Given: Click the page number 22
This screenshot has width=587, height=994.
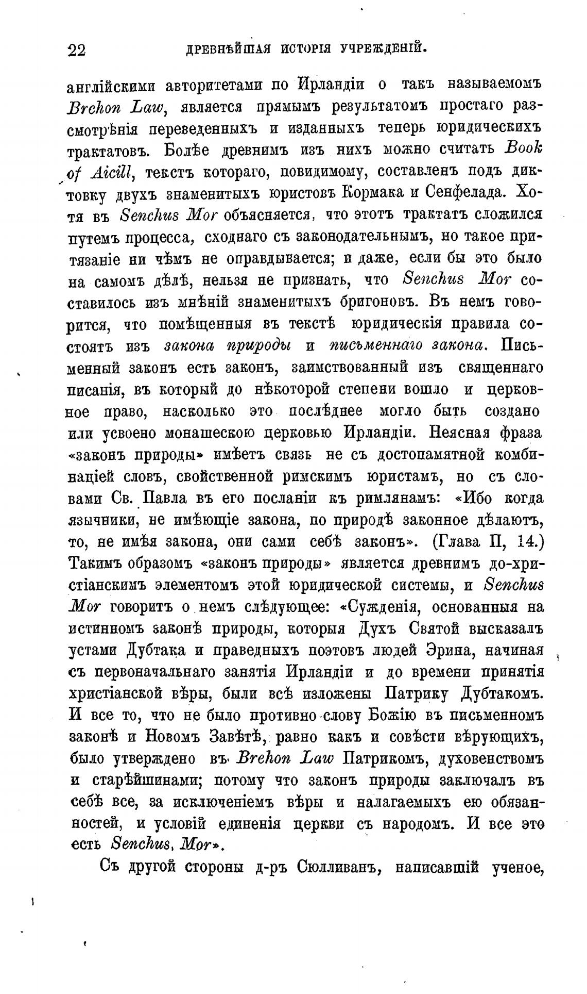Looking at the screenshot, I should (76, 50).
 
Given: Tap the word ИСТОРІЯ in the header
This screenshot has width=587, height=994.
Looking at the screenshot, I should (307, 49).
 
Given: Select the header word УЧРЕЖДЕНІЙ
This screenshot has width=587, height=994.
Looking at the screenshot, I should (384, 49).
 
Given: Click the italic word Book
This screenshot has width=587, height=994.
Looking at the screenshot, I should (523, 148).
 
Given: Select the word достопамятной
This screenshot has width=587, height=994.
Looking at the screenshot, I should (433, 454).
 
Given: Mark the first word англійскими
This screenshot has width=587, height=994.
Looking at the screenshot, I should (110, 84).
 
